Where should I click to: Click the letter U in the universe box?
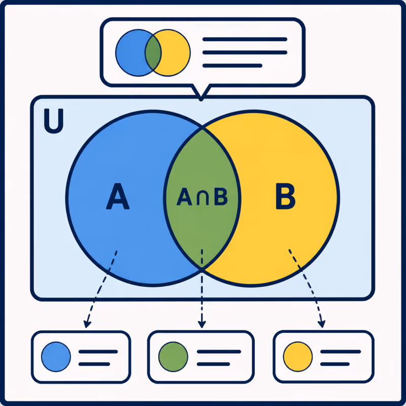coord(54,121)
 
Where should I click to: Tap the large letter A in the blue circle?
coord(118,196)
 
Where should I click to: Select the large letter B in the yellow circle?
coord(285,196)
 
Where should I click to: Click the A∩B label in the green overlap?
coord(202,196)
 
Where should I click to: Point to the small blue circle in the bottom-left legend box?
coord(56,357)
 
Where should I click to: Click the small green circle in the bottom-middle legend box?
coord(173,357)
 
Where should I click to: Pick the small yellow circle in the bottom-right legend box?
coord(298,357)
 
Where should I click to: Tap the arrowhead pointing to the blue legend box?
coord(87,324)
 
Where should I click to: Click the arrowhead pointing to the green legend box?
coord(201,324)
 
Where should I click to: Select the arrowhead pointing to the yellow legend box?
coord(322,324)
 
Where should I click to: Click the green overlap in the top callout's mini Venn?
coord(153,53)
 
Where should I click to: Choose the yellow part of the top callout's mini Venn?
coord(176,53)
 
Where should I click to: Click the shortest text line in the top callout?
coord(232,66)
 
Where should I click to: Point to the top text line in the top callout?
coord(245,40)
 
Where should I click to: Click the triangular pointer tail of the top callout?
coord(201,93)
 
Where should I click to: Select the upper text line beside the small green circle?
coord(219,352)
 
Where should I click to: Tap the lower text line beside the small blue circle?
coord(94,364)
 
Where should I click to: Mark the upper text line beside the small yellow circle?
coord(341,352)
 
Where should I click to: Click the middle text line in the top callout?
coord(245,53)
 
